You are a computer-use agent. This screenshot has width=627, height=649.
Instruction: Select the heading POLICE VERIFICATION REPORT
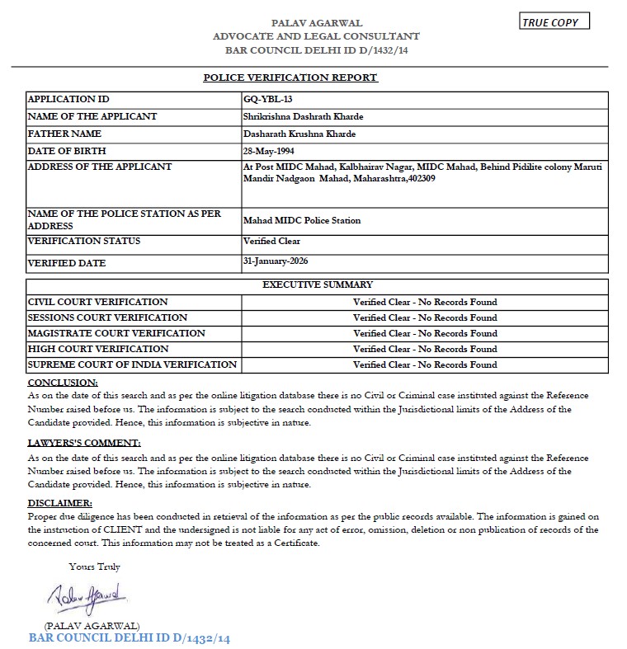pyautogui.click(x=290, y=78)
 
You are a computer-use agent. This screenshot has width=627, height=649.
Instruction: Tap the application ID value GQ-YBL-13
pyautogui.click(x=269, y=100)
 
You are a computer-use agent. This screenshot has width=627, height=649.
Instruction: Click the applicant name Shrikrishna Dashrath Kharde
pyautogui.click(x=303, y=116)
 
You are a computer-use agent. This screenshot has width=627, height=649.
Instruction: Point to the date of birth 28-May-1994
pyautogui.click(x=269, y=151)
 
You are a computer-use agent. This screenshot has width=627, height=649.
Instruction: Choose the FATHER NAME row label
pyautogui.click(x=64, y=134)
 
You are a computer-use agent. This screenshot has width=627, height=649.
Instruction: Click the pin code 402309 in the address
pyautogui.click(x=417, y=178)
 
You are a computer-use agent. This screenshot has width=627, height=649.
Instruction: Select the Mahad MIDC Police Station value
pyautogui.click(x=302, y=220)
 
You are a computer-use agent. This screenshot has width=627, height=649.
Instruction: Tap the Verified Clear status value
pyautogui.click(x=271, y=241)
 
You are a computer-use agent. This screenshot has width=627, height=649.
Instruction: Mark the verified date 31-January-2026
pyautogui.click(x=276, y=261)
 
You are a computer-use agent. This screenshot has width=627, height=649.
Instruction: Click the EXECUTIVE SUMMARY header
pyautogui.click(x=317, y=285)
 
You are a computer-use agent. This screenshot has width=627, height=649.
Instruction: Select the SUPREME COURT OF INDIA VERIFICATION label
pyautogui.click(x=132, y=364)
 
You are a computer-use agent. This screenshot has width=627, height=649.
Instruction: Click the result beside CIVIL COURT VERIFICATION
pyautogui.click(x=425, y=302)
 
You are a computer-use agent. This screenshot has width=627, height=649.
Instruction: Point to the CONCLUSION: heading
pyautogui.click(x=63, y=383)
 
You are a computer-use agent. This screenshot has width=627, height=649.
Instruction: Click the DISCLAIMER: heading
pyautogui.click(x=60, y=502)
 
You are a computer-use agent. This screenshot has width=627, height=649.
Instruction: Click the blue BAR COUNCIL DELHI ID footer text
pyautogui.click(x=129, y=638)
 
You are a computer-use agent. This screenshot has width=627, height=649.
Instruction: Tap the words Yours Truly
pyautogui.click(x=94, y=567)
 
